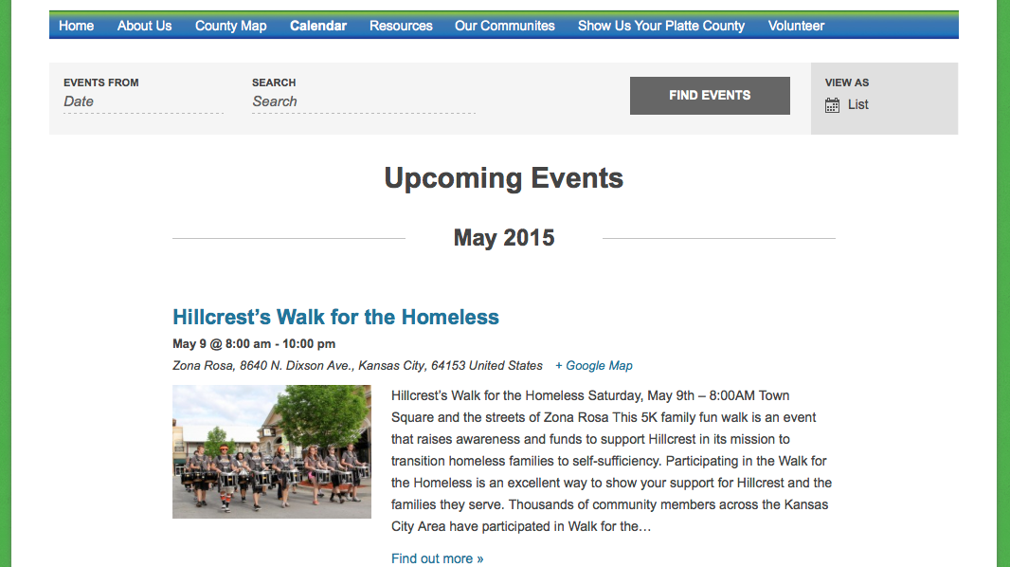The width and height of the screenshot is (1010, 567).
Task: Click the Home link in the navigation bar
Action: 76,26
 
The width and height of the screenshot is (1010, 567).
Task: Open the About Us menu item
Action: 144,26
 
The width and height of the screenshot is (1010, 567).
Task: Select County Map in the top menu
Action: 230,26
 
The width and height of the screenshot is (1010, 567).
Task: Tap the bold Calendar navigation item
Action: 318,26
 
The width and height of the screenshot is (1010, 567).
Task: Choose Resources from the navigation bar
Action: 401,26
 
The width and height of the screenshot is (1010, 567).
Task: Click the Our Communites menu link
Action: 504,26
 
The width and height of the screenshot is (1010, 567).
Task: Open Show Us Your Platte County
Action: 661,26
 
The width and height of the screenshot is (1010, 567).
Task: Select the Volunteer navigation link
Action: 796,26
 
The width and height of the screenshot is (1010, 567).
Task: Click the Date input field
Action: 143,101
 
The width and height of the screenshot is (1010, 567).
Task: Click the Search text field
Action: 363,101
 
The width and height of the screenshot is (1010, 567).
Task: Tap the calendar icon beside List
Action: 832,105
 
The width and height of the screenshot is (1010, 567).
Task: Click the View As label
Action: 846,82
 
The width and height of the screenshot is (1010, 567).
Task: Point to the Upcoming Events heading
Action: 504,178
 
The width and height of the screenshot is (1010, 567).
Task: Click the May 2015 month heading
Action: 504,238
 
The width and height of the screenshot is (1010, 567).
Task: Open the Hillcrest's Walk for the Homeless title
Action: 335,317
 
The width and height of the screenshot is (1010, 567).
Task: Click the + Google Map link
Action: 594,366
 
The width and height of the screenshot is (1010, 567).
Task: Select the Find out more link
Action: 438,558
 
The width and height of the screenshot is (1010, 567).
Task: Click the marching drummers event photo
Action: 272,451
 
